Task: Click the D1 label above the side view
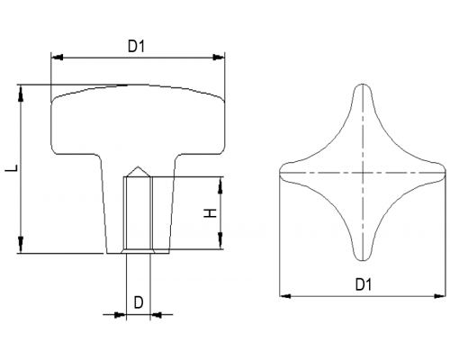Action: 137,46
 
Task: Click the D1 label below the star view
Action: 364,284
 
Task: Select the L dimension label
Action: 13,168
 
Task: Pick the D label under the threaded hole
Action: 139,302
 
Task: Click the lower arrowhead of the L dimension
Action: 21,245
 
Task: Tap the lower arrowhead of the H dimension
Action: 220,241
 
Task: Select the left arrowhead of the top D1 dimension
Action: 58,57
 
